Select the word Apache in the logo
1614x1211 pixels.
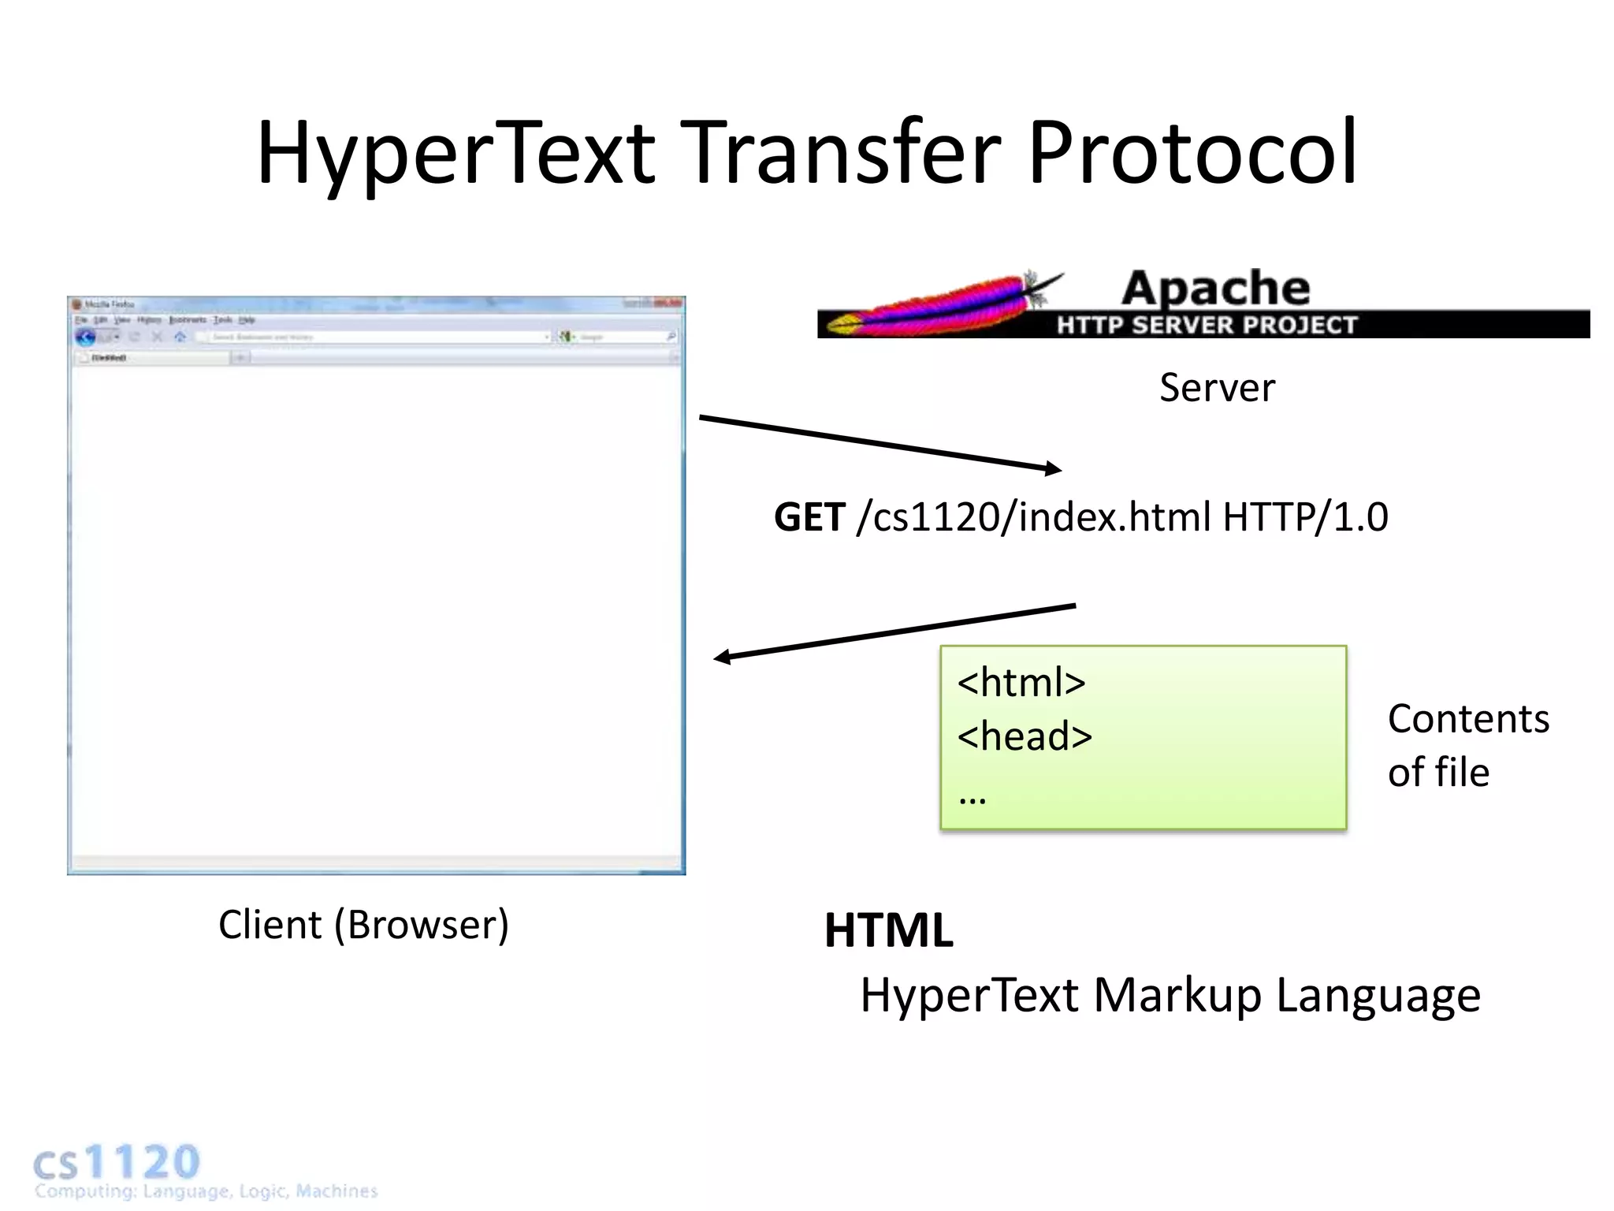click(1215, 288)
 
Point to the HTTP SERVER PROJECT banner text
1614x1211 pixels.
click(1207, 325)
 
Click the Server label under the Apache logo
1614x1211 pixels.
click(1217, 388)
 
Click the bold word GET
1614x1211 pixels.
click(809, 518)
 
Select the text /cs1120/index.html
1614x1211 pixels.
click(1033, 518)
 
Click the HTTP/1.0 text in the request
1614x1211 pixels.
click(1305, 518)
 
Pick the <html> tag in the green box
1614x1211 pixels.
click(1021, 682)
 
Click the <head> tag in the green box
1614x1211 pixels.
click(1025, 736)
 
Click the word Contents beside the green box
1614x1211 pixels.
click(1468, 719)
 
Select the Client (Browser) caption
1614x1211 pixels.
click(363, 925)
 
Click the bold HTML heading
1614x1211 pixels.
click(888, 930)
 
